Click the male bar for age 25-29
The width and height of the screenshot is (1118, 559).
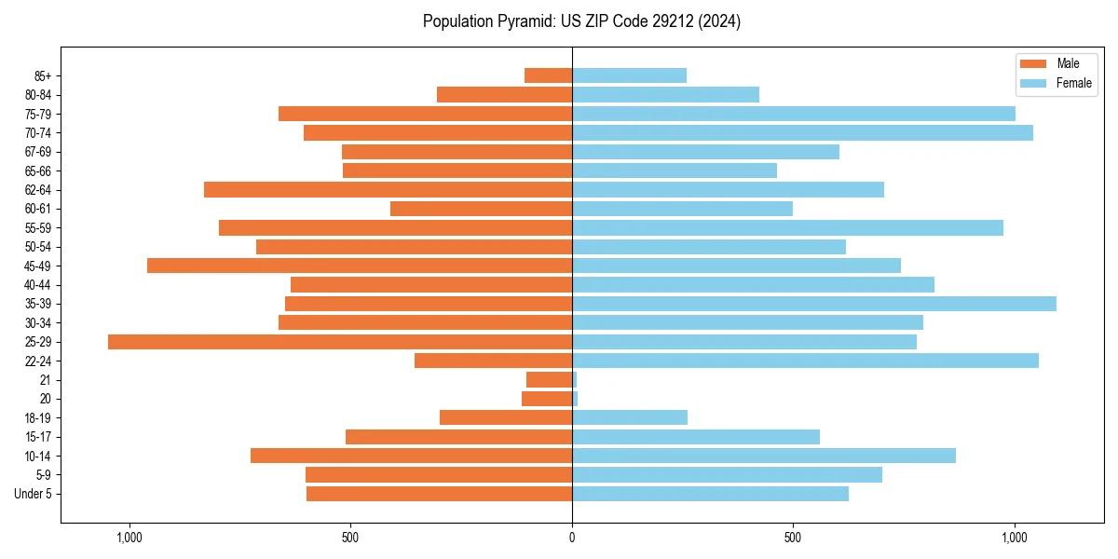tap(339, 342)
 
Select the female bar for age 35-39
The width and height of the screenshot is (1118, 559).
tap(813, 304)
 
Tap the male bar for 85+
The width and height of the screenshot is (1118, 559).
tap(548, 75)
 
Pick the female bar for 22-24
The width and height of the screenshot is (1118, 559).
tap(805, 361)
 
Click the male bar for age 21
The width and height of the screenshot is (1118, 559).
tap(549, 380)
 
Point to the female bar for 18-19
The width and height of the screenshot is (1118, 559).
tap(629, 417)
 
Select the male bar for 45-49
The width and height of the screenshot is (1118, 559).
tap(359, 266)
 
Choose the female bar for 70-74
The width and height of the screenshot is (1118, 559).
tap(802, 132)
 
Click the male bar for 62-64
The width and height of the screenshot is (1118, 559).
tap(388, 189)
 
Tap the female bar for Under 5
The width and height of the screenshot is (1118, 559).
tap(710, 494)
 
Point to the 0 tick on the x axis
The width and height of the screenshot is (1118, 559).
tap(572, 538)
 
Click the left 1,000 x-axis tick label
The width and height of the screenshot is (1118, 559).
tap(129, 538)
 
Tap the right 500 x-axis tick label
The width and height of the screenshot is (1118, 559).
tap(793, 538)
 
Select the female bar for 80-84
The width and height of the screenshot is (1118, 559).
tap(665, 94)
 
